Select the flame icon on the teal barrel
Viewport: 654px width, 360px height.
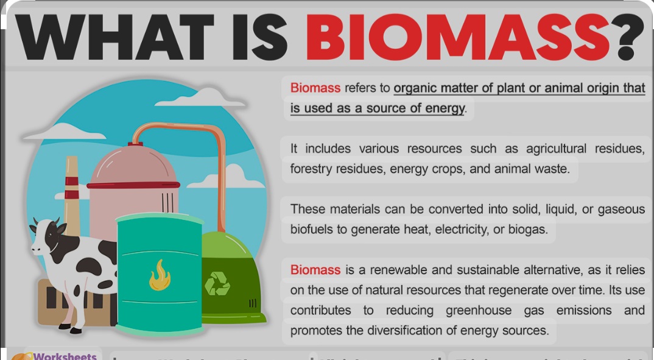coord(160,275)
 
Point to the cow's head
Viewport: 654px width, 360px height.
coord(46,235)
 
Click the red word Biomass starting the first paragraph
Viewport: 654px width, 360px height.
coord(315,88)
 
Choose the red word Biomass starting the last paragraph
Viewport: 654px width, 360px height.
coord(315,269)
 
